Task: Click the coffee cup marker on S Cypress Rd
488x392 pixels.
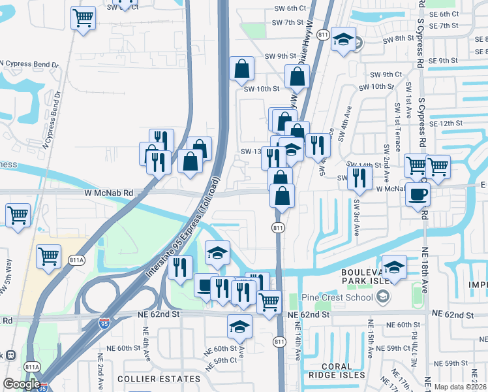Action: pyautogui.click(x=418, y=193)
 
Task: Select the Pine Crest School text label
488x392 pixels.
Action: pyautogui.click(x=337, y=298)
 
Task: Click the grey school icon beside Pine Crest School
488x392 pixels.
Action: pyautogui.click(x=383, y=298)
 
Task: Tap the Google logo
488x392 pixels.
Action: pyautogui.click(x=22, y=384)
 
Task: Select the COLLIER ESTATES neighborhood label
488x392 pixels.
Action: pyautogui.click(x=159, y=379)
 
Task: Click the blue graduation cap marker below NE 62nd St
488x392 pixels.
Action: pyautogui.click(x=239, y=326)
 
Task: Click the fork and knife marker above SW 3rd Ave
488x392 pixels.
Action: pyautogui.click(x=359, y=177)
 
